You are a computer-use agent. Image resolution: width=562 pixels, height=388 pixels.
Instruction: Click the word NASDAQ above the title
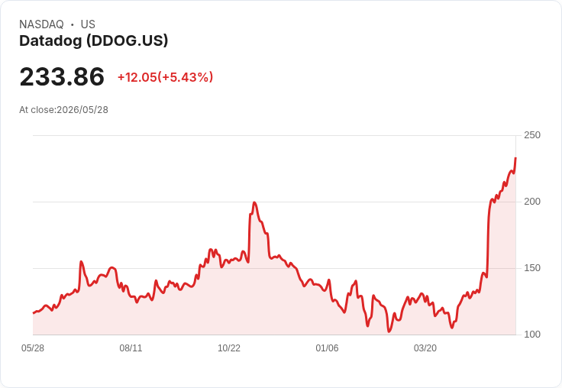pyautogui.click(x=41, y=24)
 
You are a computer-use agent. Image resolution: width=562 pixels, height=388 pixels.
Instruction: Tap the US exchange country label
pyautogui.click(x=88, y=24)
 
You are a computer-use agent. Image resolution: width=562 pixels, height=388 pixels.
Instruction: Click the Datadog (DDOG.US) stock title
pyautogui.click(x=94, y=41)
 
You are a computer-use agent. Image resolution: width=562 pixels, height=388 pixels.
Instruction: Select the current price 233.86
pyautogui.click(x=62, y=76)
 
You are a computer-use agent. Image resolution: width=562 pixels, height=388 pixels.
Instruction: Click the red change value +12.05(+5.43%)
pyautogui.click(x=165, y=77)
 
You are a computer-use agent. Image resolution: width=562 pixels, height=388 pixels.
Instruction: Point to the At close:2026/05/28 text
pyautogui.click(x=64, y=110)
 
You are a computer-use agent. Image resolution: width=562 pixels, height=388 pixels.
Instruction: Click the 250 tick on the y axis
pyautogui.click(x=532, y=135)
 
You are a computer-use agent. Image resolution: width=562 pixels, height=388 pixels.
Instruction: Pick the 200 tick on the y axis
pyautogui.click(x=532, y=202)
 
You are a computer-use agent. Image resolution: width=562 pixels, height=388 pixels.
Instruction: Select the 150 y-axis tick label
pyautogui.click(x=532, y=268)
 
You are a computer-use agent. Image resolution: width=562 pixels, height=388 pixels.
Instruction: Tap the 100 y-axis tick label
pyautogui.click(x=532, y=335)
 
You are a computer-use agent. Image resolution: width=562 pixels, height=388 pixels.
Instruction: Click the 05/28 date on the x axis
pyautogui.click(x=33, y=348)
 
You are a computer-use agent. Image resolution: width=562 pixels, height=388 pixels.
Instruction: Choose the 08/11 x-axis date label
pyautogui.click(x=131, y=348)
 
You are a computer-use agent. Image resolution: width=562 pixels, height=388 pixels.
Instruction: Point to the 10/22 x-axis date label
pyautogui.click(x=229, y=348)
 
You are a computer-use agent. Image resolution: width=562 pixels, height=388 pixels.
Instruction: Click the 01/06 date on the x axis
pyautogui.click(x=327, y=348)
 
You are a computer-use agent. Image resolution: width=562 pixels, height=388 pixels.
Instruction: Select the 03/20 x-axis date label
pyautogui.click(x=425, y=348)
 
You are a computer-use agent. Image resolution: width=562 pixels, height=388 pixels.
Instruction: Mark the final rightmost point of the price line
pyautogui.click(x=515, y=158)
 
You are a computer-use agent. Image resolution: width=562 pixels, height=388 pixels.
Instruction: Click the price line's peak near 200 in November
pyautogui.click(x=254, y=202)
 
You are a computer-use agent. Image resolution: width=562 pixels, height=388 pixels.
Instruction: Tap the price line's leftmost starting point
pyautogui.click(x=34, y=313)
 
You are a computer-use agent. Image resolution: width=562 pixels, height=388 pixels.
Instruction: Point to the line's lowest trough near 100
pyautogui.click(x=389, y=331)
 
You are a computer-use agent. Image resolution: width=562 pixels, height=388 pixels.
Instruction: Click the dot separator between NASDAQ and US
pyautogui.click(x=73, y=24)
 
